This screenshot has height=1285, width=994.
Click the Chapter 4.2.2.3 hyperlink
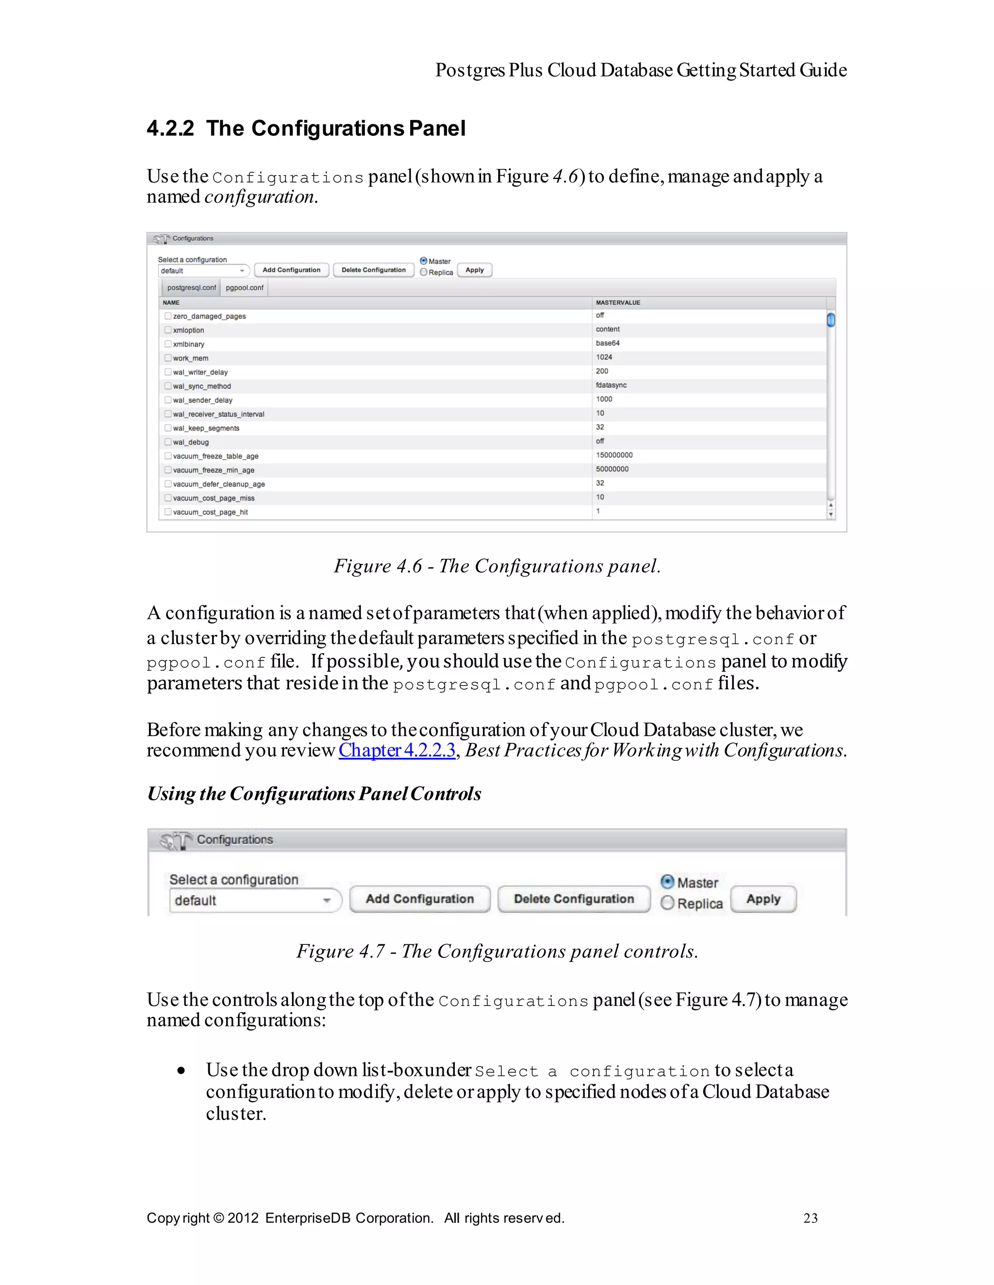(x=397, y=750)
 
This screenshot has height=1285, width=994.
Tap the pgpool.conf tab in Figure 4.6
(x=244, y=288)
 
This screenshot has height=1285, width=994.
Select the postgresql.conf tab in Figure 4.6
(x=191, y=288)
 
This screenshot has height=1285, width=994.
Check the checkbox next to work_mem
(x=168, y=358)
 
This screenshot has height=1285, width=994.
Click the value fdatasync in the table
(x=611, y=385)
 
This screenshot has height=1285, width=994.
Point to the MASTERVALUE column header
(x=617, y=302)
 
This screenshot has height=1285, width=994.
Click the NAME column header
(x=171, y=302)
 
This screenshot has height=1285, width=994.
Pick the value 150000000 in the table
(x=614, y=455)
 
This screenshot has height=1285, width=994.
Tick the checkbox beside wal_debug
(x=168, y=442)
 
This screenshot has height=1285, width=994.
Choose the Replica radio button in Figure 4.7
(x=667, y=903)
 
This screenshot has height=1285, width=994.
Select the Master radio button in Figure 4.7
(x=667, y=881)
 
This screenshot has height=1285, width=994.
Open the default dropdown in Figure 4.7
(x=255, y=900)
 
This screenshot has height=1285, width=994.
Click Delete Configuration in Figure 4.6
(x=373, y=270)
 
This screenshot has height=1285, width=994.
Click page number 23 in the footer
(x=811, y=1218)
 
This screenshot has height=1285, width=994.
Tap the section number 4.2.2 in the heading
(x=170, y=129)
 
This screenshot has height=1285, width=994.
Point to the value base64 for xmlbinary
(x=607, y=343)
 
